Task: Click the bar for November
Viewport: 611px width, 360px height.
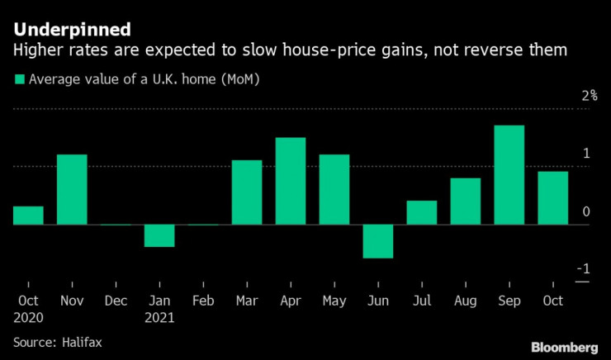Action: coord(72,189)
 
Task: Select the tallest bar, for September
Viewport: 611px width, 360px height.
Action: coord(509,174)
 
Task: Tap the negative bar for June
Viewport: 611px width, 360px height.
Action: coord(378,241)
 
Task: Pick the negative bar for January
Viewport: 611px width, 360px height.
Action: coord(159,235)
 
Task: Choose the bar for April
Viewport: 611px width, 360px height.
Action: coord(291,181)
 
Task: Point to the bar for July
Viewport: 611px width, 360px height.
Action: coord(421,212)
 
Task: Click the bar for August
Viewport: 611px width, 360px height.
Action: coord(465,201)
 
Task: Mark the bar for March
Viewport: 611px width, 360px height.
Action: coord(247,192)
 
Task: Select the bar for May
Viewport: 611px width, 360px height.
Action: coord(334,189)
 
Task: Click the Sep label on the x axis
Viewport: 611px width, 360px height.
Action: coord(509,301)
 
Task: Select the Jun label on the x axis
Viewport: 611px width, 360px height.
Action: coord(378,301)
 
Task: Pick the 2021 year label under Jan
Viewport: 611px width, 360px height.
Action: coord(160,316)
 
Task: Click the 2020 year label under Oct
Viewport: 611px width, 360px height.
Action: coord(29,316)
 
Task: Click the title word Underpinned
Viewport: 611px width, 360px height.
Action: coord(71,31)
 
